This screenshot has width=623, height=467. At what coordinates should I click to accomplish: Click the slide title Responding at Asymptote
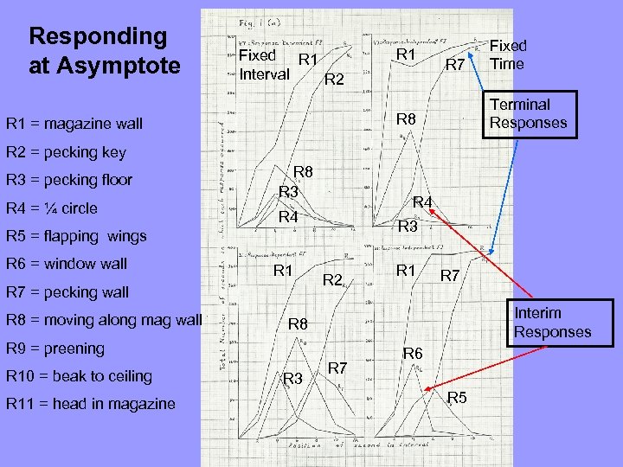point(98,50)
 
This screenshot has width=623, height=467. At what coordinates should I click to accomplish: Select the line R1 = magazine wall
point(74,124)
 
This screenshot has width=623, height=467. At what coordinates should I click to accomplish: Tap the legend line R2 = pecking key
point(66,152)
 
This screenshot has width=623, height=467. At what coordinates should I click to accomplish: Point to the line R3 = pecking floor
point(69,180)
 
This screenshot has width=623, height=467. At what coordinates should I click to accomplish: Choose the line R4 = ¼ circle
point(52,208)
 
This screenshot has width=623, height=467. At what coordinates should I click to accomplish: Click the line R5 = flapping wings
point(76,236)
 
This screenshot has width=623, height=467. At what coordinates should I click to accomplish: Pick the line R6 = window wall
point(67,264)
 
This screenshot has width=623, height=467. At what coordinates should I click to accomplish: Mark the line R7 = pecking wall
point(67,291)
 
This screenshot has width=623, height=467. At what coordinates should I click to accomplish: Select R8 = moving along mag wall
point(104,320)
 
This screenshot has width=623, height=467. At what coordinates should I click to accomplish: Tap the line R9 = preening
point(55,349)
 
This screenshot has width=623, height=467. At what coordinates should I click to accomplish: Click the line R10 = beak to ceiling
point(79,376)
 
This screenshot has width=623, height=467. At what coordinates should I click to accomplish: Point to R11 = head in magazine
point(91,404)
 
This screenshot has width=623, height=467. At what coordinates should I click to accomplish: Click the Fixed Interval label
point(264,66)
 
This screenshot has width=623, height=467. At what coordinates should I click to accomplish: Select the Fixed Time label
point(508,54)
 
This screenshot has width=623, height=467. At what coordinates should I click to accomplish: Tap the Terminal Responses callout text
point(528,113)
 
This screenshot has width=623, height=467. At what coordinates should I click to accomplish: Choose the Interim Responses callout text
point(552,322)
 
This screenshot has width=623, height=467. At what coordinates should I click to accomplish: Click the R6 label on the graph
point(412,353)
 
